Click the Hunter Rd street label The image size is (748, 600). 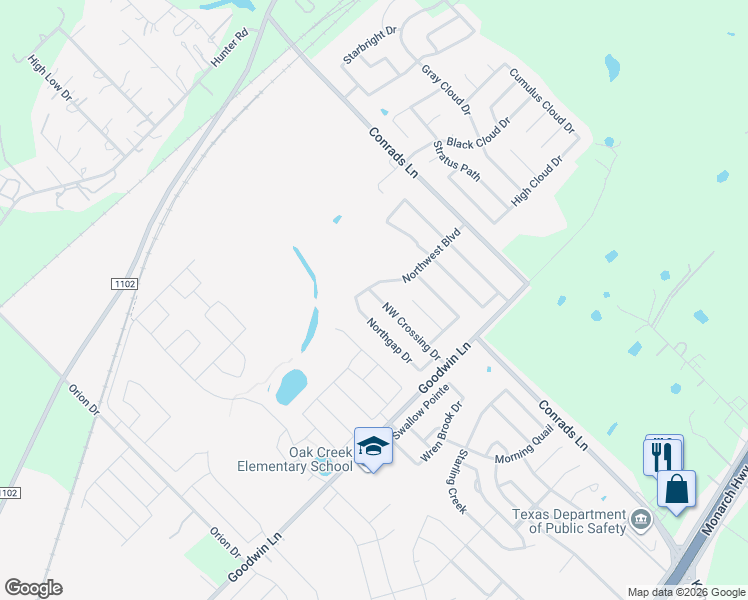pyautogui.click(x=229, y=48)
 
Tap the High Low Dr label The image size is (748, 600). pyautogui.click(x=51, y=79)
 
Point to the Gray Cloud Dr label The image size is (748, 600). pyautogui.click(x=446, y=87)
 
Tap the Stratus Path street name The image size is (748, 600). pyautogui.click(x=457, y=161)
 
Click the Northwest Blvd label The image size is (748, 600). pyautogui.click(x=431, y=255)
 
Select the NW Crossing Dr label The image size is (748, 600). pyautogui.click(x=411, y=330)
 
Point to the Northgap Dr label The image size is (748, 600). pyautogui.click(x=390, y=341)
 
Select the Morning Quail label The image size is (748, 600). pyautogui.click(x=525, y=458)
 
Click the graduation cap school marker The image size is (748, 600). pyautogui.click(x=373, y=447)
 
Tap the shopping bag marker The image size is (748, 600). pyautogui.click(x=677, y=490)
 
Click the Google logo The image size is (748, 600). pyautogui.click(x=33, y=588)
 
